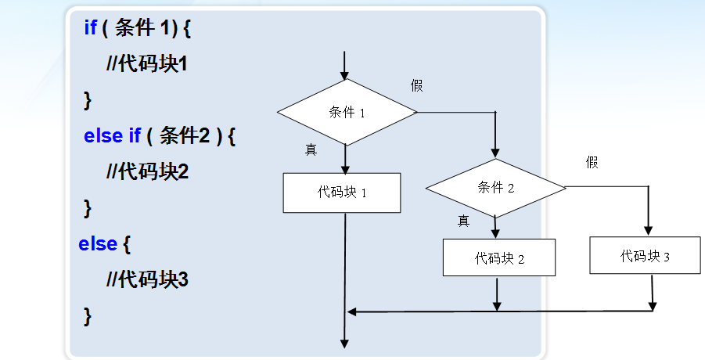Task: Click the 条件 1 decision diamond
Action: click(x=347, y=112)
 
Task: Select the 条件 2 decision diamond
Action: click(x=495, y=188)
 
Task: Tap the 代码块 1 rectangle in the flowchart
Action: click(x=343, y=193)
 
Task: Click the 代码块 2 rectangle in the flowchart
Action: click(x=499, y=257)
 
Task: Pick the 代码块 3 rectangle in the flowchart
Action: click(x=646, y=255)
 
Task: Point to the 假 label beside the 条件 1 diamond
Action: click(x=417, y=85)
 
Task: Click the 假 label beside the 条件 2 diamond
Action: click(x=592, y=162)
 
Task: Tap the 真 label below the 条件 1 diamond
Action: click(x=311, y=149)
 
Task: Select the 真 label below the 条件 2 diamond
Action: click(x=463, y=221)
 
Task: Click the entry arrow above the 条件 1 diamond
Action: click(x=345, y=66)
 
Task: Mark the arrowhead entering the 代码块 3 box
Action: click(x=648, y=230)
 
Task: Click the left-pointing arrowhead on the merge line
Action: click(x=352, y=311)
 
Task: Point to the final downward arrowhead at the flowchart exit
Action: click(x=345, y=342)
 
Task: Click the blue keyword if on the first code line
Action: click(x=90, y=28)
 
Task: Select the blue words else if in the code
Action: click(x=113, y=135)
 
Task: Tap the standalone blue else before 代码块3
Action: click(x=98, y=243)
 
